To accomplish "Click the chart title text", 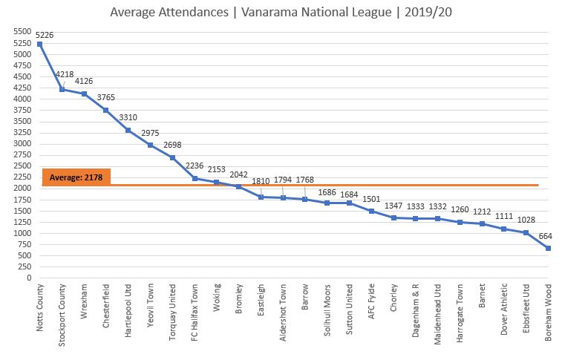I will click(283, 13).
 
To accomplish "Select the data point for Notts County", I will click(39, 44).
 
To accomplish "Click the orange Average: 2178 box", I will click(76, 177).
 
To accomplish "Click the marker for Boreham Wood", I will click(549, 248).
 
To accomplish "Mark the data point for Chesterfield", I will click(106, 110).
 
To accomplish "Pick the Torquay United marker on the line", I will click(172, 157).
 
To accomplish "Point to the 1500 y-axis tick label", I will click(22, 211).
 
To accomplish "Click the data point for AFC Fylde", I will click(371, 211).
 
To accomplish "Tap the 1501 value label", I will click(370, 199).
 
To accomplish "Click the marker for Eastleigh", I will click(261, 197).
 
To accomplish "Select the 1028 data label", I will click(526, 220).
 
